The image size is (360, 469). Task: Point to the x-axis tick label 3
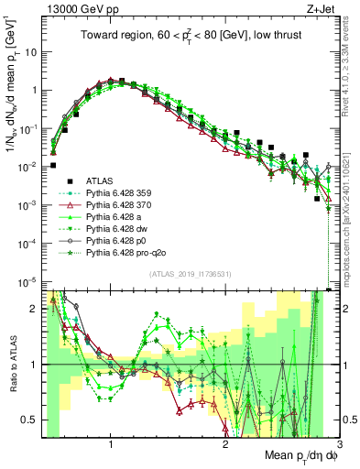(339, 443)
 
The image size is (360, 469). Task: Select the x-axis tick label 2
(225, 443)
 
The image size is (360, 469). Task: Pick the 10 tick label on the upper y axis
(31, 51)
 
